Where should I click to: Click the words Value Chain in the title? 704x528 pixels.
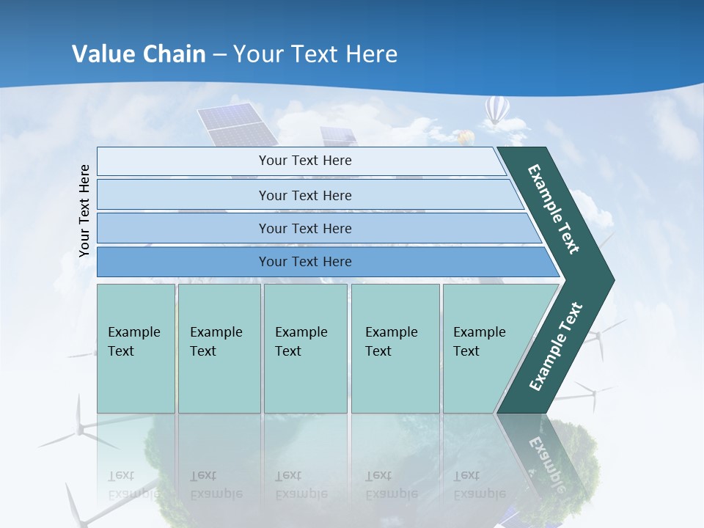click(139, 54)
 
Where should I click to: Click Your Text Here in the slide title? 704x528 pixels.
click(315, 54)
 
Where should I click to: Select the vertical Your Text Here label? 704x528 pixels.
click(84, 210)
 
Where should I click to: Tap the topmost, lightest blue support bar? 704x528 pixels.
click(301, 161)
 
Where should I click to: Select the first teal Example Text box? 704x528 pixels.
click(136, 348)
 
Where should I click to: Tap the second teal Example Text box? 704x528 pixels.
click(219, 348)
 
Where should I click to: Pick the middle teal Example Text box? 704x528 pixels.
click(305, 348)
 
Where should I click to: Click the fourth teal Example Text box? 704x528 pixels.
click(395, 348)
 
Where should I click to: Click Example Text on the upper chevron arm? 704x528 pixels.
click(554, 209)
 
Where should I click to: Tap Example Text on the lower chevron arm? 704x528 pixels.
click(556, 347)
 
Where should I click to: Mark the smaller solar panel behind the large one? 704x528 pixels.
click(337, 136)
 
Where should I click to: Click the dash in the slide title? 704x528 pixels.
click(219, 55)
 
